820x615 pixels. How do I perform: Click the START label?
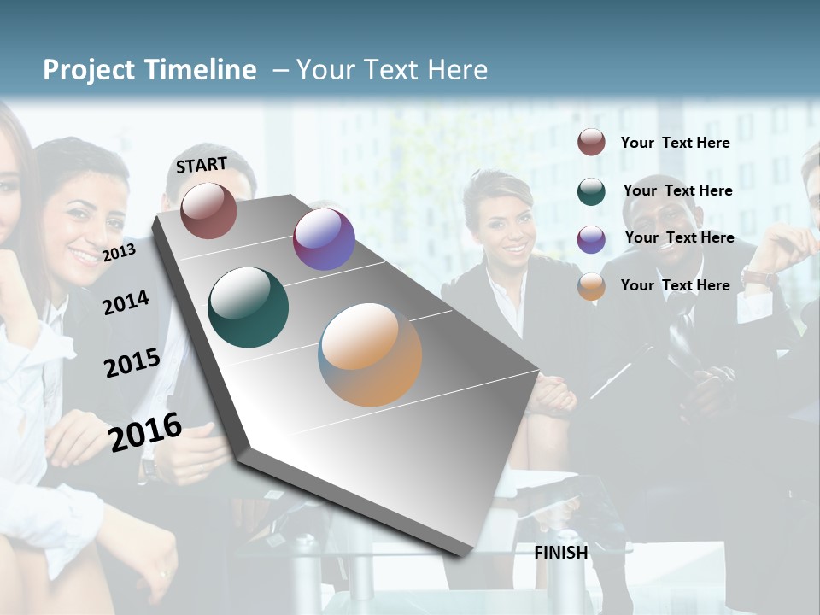pyautogui.click(x=202, y=165)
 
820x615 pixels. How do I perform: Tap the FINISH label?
pyautogui.click(x=561, y=553)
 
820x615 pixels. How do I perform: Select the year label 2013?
pyautogui.click(x=119, y=252)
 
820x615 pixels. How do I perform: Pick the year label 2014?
pyautogui.click(x=126, y=302)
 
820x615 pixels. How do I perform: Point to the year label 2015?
pyautogui.click(x=132, y=363)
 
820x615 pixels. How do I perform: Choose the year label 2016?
pyautogui.click(x=145, y=432)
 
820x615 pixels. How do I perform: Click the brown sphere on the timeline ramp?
pyautogui.click(x=208, y=210)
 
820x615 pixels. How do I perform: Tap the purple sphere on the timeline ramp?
pyautogui.click(x=324, y=239)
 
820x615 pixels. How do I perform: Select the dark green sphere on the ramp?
pyautogui.click(x=249, y=307)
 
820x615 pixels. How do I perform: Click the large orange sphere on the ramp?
pyautogui.click(x=370, y=354)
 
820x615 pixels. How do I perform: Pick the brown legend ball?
pyautogui.click(x=591, y=143)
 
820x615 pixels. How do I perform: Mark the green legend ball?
pyautogui.click(x=591, y=191)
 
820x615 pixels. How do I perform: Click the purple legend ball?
pyautogui.click(x=591, y=239)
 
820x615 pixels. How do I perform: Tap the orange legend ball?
pyautogui.click(x=591, y=286)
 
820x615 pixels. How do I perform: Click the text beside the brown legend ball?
pyautogui.click(x=675, y=143)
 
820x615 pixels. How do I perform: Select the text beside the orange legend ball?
pyautogui.click(x=675, y=285)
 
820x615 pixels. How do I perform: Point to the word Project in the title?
pyautogui.click(x=89, y=70)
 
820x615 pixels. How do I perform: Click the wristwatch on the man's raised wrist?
pyautogui.click(x=758, y=277)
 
